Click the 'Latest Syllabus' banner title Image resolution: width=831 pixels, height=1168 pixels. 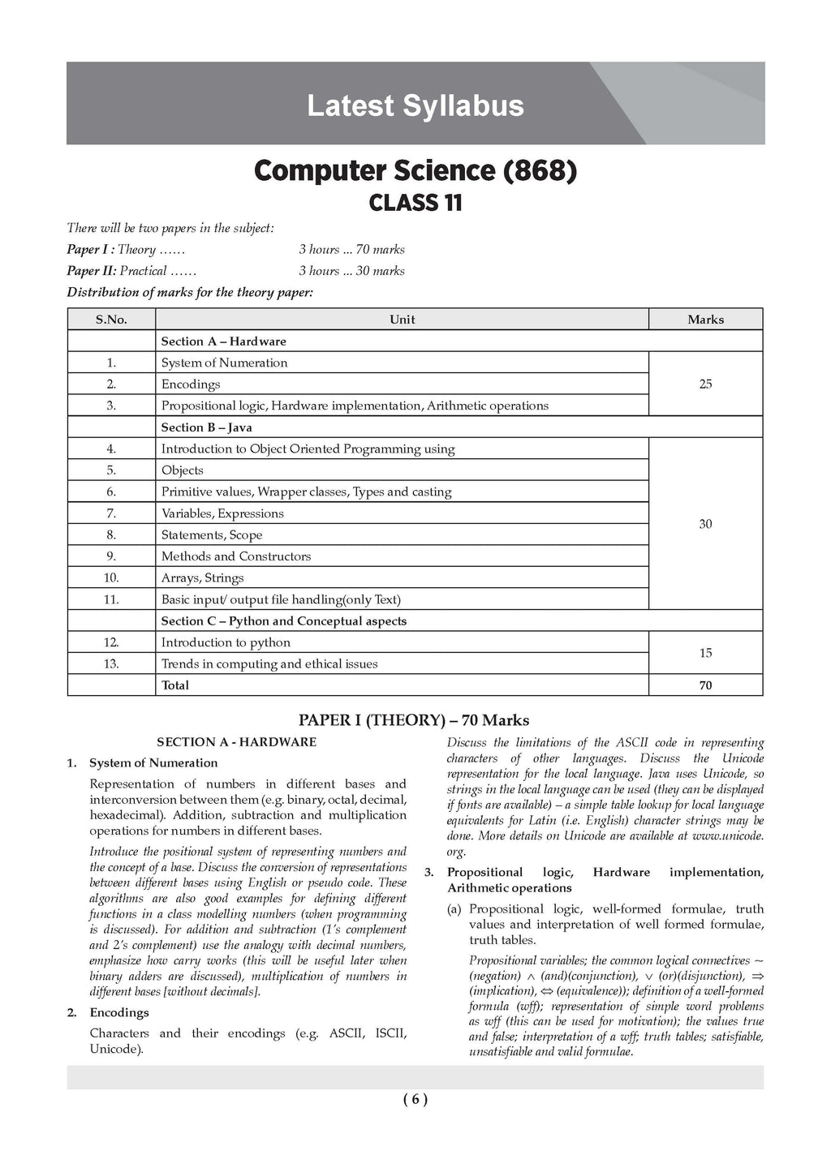click(x=415, y=106)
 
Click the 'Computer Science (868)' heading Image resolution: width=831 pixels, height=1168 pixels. click(x=415, y=170)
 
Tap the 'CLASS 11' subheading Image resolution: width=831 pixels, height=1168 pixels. click(x=415, y=203)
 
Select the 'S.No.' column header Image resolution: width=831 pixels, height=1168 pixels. click(x=111, y=320)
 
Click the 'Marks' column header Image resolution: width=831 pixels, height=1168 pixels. click(x=705, y=320)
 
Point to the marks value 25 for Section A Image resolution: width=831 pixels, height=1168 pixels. click(x=705, y=384)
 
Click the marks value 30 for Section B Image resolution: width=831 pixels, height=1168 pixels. click(x=705, y=524)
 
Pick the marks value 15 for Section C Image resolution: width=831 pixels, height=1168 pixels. click(x=705, y=653)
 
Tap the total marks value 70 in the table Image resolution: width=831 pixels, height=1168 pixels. click(x=705, y=685)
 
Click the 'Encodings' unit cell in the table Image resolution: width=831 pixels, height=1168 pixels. click(x=191, y=384)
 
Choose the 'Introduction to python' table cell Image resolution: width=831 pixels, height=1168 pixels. click(x=226, y=642)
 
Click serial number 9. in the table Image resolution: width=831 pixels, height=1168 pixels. click(x=111, y=556)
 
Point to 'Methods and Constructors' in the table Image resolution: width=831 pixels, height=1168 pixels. click(x=236, y=556)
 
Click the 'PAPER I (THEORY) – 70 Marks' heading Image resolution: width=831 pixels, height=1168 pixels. click(x=414, y=720)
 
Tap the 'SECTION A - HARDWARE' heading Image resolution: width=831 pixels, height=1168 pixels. click(x=236, y=742)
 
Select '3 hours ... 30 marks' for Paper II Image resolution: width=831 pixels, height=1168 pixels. click(x=351, y=271)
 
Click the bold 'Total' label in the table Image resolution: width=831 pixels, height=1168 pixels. click(x=174, y=685)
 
